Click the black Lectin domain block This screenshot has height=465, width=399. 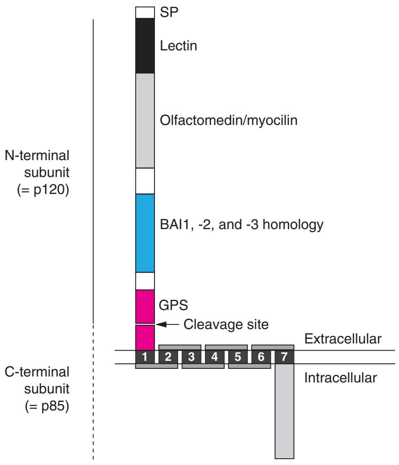click(x=145, y=46)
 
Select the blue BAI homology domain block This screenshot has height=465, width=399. click(x=145, y=233)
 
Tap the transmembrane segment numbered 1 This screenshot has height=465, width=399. click(x=145, y=357)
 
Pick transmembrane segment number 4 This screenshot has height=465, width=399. click(x=215, y=357)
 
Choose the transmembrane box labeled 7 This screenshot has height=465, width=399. click(x=284, y=357)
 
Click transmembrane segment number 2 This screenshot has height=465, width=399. click(x=168, y=357)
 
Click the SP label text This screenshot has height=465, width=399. click(x=170, y=12)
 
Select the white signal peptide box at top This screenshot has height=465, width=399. click(x=145, y=12)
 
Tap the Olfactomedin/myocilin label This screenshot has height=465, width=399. click(x=229, y=121)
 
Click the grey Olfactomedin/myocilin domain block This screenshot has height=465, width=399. click(x=145, y=121)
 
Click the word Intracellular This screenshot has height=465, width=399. click(x=340, y=378)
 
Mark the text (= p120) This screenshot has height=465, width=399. click(x=43, y=188)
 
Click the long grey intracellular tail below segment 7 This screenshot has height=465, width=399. click(x=284, y=411)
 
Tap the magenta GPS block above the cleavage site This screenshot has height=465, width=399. click(x=145, y=306)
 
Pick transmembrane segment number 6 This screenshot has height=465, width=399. click(x=261, y=357)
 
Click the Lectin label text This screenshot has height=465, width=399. click(x=179, y=46)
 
